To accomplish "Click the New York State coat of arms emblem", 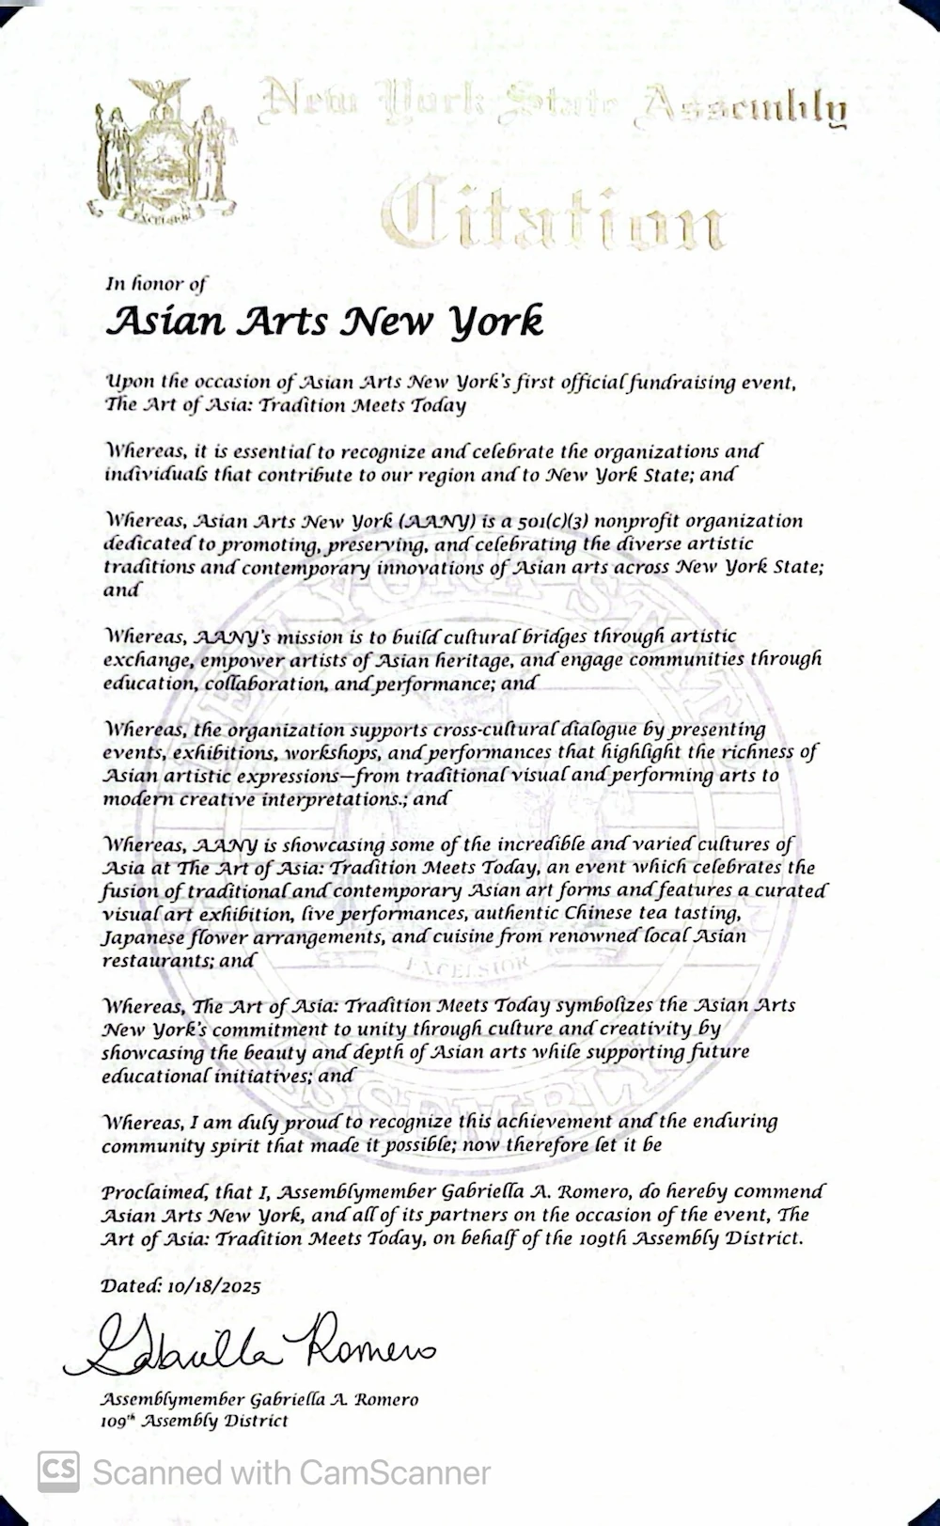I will point(162,153).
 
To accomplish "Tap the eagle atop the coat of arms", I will point(161,92).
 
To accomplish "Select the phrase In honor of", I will point(155,283).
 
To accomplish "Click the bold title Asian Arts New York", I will point(324,321).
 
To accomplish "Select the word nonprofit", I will point(639,521).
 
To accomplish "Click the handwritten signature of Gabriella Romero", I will point(249,1345).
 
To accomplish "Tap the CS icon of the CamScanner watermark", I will point(58,1471).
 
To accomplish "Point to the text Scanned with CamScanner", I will point(291,1472).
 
